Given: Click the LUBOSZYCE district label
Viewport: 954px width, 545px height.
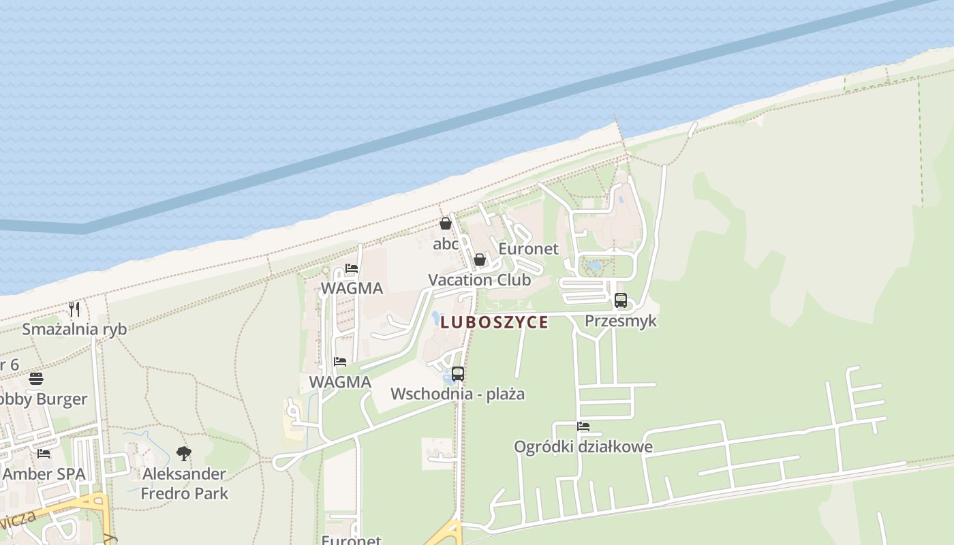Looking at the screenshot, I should pos(494,322).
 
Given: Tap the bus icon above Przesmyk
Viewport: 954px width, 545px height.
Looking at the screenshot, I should pos(620,300).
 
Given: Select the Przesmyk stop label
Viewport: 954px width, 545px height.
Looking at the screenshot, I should pos(620,320).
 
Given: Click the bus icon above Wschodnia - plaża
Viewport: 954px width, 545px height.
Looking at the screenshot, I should pos(458,373).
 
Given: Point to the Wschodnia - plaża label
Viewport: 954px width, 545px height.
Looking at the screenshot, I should pos(458,394).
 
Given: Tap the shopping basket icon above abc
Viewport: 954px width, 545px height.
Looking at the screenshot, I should pos(446,223).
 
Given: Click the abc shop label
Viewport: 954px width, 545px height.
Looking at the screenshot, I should pos(446,244).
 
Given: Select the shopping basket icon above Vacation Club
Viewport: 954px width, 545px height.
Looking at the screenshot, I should pos(479,260).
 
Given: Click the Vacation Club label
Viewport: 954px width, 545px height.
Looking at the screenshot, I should pos(479,280).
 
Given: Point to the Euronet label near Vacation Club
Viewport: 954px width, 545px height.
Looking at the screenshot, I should pos(528,249).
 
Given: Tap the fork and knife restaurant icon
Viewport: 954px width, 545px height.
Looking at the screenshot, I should pos(74,309).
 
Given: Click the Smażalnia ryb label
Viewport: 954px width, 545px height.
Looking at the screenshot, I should pos(74,329).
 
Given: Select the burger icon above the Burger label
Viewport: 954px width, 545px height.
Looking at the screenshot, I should pos(36,379).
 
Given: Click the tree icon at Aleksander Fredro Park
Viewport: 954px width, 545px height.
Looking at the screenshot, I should pos(184,453).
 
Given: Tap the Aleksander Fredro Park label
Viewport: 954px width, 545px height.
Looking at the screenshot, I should pos(185,483).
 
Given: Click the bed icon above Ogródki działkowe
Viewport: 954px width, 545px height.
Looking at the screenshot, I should pos(583,426).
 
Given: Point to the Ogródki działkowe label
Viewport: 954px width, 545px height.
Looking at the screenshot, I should pos(583,447).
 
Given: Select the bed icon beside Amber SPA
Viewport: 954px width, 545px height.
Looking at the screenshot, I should pos(44,453).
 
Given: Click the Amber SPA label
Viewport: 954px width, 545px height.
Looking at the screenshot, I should pos(44,474).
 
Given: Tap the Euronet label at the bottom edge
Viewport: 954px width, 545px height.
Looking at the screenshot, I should pos(352,540).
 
